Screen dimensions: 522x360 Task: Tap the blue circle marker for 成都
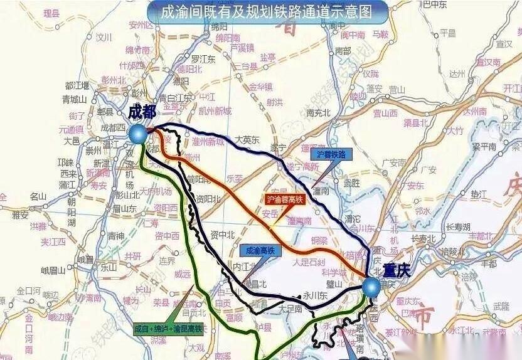(x=138, y=133)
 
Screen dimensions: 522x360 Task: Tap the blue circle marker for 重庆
(x=371, y=287)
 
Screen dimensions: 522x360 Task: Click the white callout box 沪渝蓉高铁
(x=285, y=200)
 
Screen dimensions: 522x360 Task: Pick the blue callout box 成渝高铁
(x=257, y=250)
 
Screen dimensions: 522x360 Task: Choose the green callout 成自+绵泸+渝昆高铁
(x=168, y=328)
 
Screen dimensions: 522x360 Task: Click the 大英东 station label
(x=247, y=140)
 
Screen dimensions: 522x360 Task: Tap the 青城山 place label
(x=73, y=99)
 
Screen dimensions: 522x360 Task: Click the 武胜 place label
(x=351, y=183)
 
